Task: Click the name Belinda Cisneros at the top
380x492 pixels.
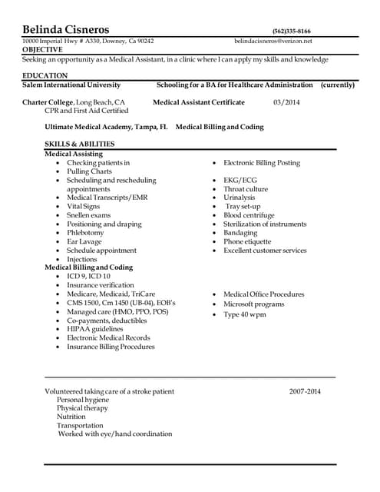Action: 65,28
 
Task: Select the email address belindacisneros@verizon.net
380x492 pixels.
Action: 273,41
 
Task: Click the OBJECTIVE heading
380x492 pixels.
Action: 42,49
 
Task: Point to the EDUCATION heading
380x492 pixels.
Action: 45,75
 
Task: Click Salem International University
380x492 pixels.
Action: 71,85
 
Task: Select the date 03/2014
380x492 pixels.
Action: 286,102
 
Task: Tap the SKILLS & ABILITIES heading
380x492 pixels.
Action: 80,144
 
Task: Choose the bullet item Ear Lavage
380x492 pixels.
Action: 84,241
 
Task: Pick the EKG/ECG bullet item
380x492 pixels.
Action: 240,180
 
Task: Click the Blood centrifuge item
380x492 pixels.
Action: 249,215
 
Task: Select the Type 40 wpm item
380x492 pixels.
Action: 245,314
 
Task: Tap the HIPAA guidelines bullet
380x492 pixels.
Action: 94,328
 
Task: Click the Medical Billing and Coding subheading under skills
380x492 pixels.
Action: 88,268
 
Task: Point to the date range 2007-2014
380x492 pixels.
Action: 305,391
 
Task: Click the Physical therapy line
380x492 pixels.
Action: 82,408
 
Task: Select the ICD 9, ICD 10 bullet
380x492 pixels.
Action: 88,276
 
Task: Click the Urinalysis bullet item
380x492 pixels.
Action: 239,198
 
